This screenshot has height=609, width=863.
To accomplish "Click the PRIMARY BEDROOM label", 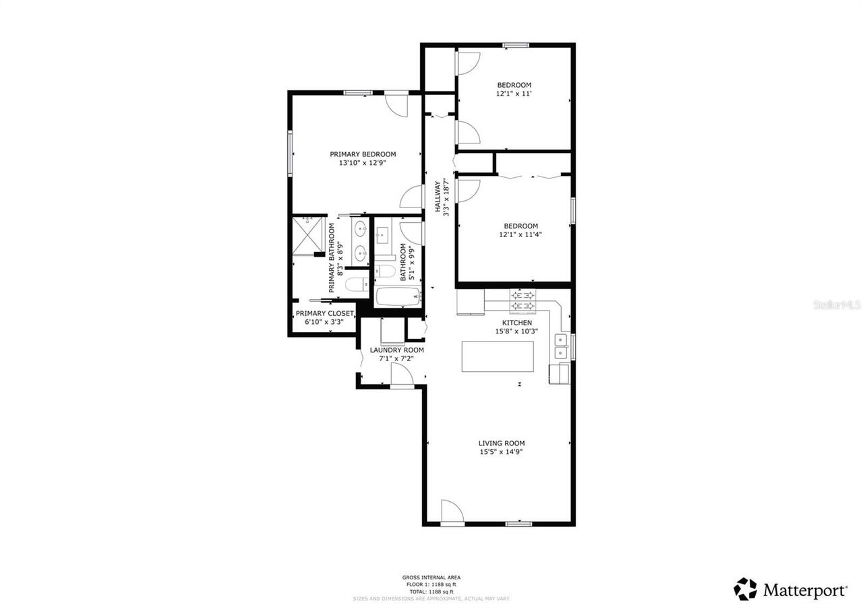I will (x=363, y=154).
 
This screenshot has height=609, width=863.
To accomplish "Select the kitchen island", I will (x=498, y=356).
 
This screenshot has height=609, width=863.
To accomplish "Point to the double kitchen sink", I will (x=560, y=346).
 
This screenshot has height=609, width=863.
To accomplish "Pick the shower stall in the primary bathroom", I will (x=308, y=235).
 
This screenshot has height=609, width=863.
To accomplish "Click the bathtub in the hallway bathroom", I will (x=398, y=296).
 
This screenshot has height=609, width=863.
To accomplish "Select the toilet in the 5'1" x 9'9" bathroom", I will (x=385, y=271).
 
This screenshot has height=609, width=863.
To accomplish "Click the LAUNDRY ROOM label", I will (x=396, y=350).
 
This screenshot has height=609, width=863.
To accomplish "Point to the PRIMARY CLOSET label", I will (x=324, y=313).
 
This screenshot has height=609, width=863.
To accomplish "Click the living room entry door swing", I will (x=452, y=511).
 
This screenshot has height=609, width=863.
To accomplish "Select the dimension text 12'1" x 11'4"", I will (x=520, y=234).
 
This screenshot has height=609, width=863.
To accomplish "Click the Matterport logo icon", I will (x=745, y=589).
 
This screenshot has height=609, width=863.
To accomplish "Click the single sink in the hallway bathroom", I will (x=383, y=236).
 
